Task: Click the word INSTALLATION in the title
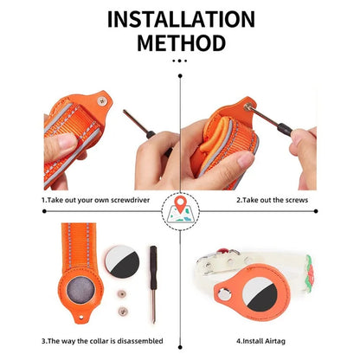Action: pos(180,19)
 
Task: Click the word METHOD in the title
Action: pos(180,42)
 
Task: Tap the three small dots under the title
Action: pos(180,61)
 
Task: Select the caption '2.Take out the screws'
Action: pos(272,200)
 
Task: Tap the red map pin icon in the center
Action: pos(180,207)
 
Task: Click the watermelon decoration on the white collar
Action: pos(299,281)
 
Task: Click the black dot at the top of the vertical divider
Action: pos(180,77)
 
